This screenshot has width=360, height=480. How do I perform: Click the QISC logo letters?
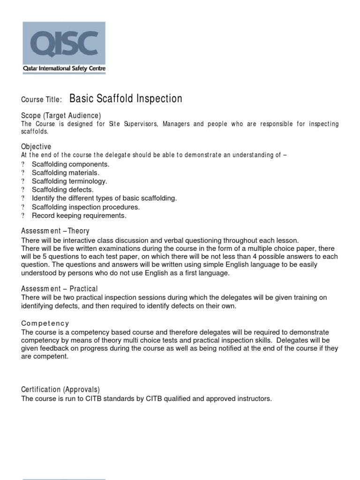[x=64, y=43]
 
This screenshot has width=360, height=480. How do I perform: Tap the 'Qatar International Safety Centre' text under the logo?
[x=64, y=68]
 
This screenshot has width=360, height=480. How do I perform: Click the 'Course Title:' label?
[x=41, y=100]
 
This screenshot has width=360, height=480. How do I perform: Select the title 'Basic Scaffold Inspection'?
[x=126, y=99]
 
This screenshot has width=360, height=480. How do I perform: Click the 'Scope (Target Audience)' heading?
[x=61, y=115]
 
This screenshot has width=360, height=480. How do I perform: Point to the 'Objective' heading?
[x=36, y=147]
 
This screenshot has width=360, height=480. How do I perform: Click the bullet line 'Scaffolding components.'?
[x=70, y=165]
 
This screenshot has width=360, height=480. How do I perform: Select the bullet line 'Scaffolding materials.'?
[x=66, y=173]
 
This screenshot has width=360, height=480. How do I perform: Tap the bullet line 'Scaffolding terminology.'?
[x=69, y=181]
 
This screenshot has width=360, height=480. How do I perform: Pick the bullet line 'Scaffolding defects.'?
[x=62, y=190]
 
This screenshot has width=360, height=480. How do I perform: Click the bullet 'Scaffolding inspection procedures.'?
[x=86, y=207]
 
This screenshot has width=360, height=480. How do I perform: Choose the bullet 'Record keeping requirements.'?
[x=79, y=216]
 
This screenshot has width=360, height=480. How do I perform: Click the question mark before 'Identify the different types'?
[x=23, y=198]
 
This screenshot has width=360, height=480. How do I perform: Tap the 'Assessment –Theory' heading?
[x=55, y=231]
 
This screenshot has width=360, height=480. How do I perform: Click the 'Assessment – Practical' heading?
[x=60, y=289]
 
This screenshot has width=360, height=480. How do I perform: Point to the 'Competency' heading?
[x=45, y=323]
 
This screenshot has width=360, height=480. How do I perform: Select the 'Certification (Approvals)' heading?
[x=60, y=390]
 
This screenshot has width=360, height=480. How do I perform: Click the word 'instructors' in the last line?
[x=254, y=399]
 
